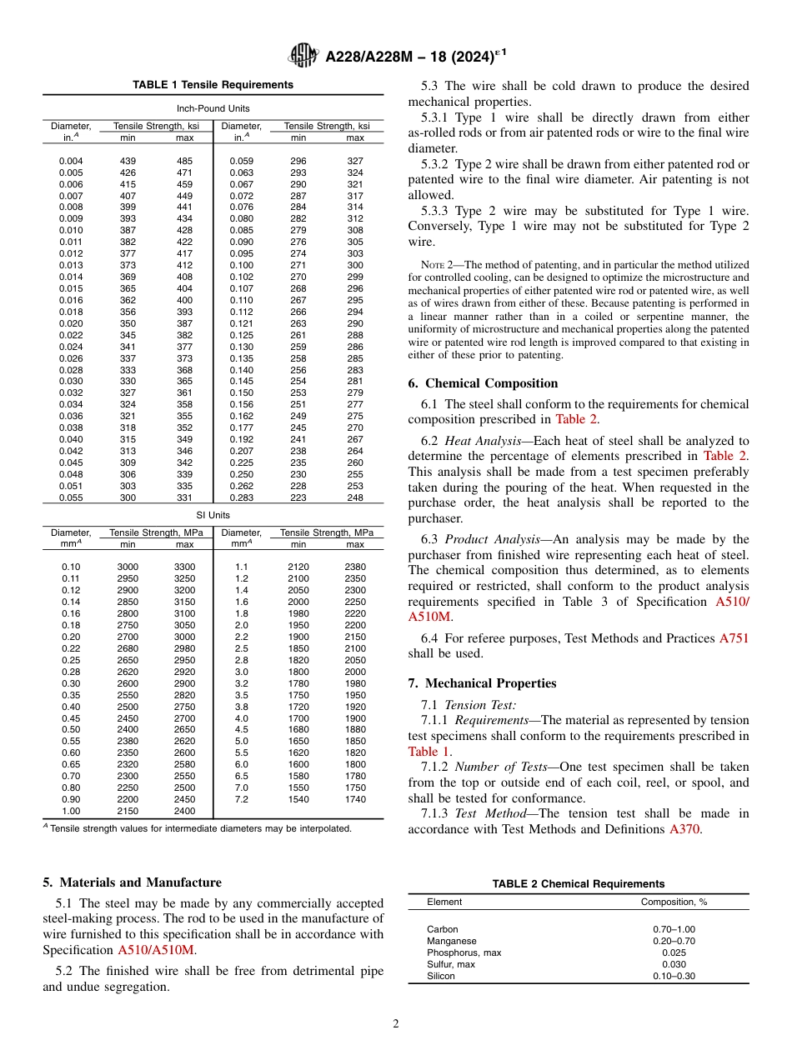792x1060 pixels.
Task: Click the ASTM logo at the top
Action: coord(303,56)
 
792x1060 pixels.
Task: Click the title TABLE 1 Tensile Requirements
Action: coord(213,85)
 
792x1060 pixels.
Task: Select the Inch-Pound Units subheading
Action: coord(213,108)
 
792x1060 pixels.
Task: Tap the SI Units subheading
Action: coord(213,515)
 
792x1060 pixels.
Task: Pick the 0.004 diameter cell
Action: coord(71,161)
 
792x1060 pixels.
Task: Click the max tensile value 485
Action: coord(185,161)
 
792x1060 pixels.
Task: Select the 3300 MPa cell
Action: coord(185,567)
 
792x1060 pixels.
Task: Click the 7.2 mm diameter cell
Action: coord(242,799)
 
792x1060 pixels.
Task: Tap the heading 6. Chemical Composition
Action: coord(483,383)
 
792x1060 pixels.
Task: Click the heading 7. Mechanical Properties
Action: coord(482,683)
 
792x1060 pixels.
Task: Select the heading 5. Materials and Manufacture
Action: coord(132,882)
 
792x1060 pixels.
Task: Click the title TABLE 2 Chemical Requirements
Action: coord(579,884)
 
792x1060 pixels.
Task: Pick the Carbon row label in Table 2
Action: coord(442,929)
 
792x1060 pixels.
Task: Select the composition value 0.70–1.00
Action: coord(674,929)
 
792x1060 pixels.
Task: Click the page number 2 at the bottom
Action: coord(396,1024)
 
